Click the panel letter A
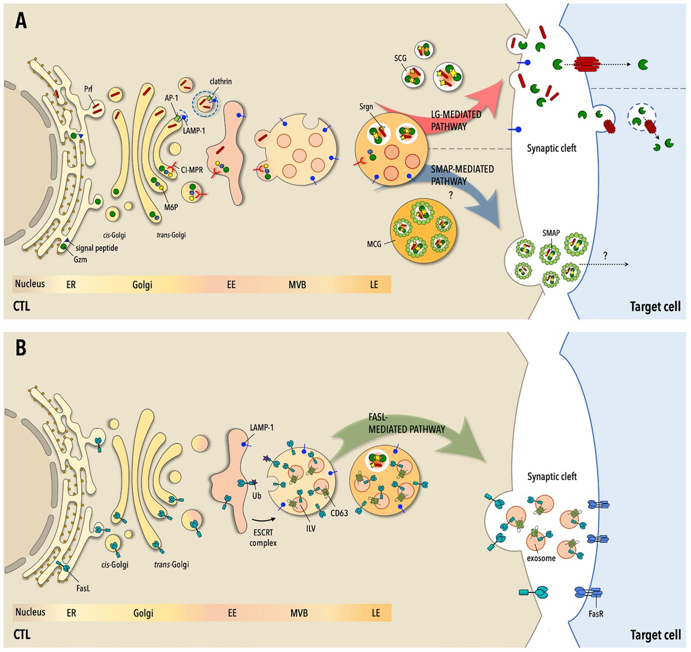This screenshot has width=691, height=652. [x=21, y=21]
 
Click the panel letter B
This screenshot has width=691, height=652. [x=21, y=348]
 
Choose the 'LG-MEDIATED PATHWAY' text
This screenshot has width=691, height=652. [x=455, y=121]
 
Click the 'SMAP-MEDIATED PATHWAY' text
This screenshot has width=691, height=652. [x=462, y=175]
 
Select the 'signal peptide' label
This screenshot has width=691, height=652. [x=96, y=248]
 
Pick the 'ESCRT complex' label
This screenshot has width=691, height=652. [x=263, y=538]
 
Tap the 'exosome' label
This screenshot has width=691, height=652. [x=541, y=558]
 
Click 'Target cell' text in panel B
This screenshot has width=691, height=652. [x=655, y=635]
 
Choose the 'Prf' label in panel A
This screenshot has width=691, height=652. [x=88, y=89]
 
